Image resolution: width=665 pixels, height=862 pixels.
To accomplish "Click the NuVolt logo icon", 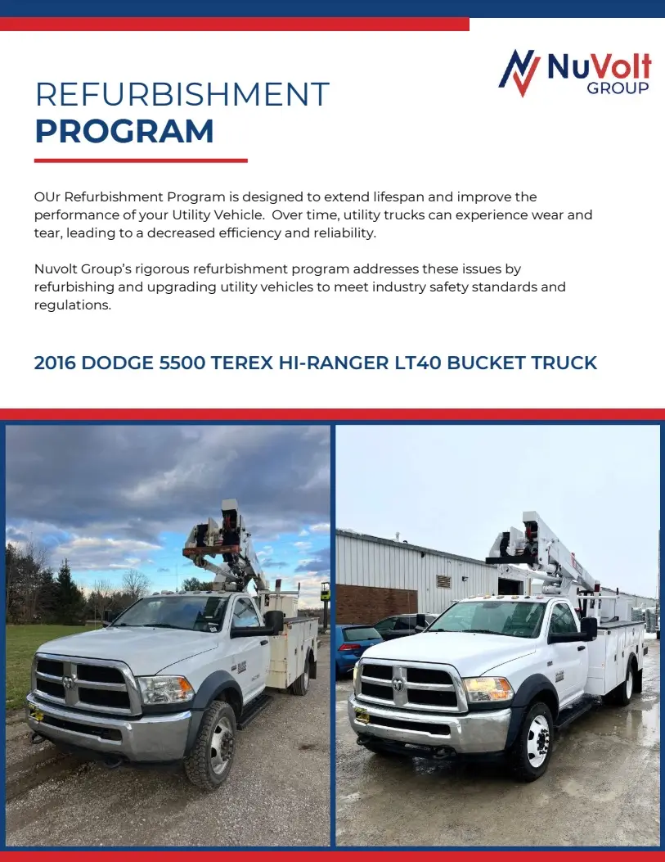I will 520,72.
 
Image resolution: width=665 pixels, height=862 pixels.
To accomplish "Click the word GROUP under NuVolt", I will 618,88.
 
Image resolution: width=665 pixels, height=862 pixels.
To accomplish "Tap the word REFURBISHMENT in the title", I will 182,95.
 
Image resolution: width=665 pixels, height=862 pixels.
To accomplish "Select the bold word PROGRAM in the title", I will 124,132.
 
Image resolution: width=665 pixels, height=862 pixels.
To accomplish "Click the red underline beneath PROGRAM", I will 141,160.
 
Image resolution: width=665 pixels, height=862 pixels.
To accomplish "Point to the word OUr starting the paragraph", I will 47,197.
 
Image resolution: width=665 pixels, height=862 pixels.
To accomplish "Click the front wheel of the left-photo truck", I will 210,745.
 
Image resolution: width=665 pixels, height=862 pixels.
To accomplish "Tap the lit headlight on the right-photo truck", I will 488,688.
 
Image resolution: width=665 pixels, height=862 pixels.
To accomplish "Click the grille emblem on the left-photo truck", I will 67,681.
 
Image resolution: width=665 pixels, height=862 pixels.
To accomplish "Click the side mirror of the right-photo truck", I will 588,628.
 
